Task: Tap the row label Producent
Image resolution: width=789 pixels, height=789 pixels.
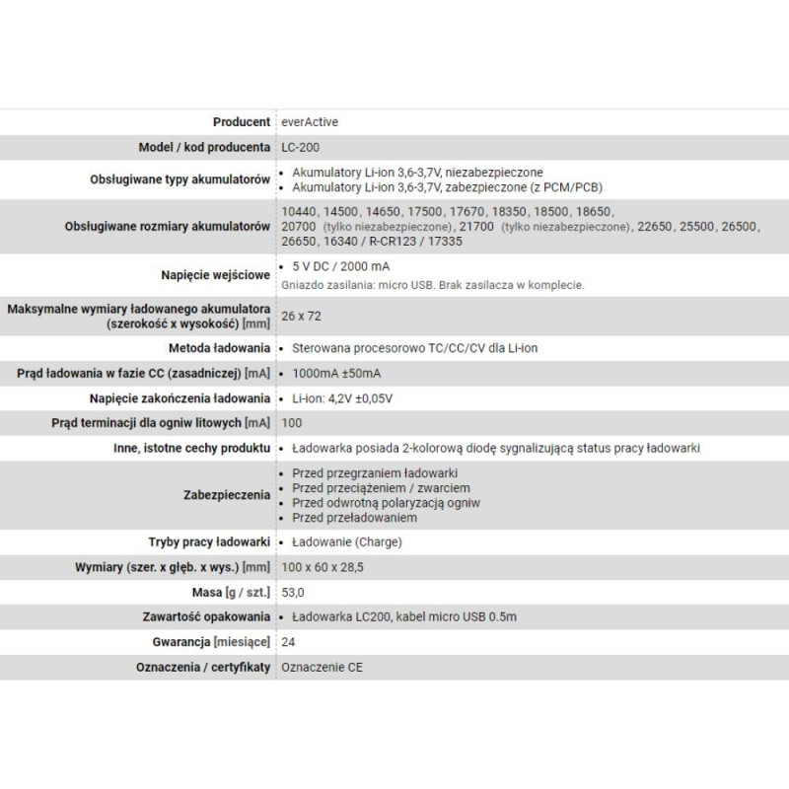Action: coord(241,122)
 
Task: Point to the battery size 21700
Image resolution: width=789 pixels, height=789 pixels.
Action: coord(479,227)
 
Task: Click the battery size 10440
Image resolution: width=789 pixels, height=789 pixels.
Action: coord(300,212)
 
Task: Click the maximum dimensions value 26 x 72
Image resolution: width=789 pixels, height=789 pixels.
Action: coord(301,317)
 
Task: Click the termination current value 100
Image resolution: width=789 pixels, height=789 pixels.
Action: coord(292,423)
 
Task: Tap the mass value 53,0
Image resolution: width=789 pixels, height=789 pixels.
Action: coord(294,593)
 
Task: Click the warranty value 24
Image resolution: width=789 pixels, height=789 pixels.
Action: coord(289,642)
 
